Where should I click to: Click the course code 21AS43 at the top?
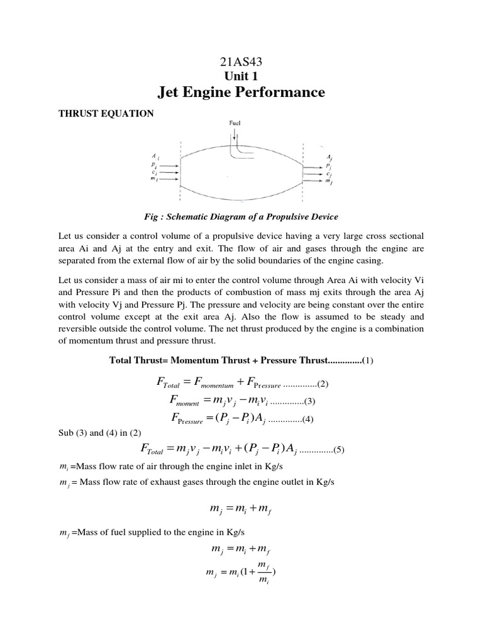coord(241,62)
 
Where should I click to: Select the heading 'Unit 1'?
coord(241,77)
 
